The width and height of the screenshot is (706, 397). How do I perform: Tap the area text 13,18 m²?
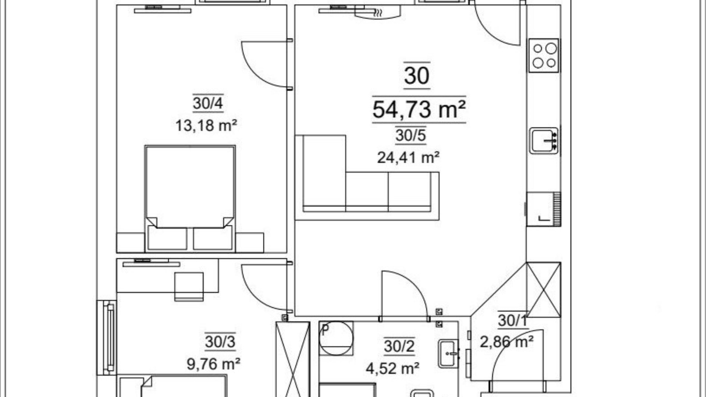point(206,125)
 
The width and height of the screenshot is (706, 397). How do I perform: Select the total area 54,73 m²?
point(419,109)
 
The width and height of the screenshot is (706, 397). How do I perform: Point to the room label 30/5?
point(411,135)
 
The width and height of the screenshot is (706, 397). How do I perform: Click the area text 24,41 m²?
point(408,157)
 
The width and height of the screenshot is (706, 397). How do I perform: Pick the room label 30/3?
point(220,342)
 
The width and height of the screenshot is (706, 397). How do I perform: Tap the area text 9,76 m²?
point(213,364)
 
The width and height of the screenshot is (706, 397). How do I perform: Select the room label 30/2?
point(399,346)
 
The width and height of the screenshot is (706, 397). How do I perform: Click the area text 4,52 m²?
point(392,368)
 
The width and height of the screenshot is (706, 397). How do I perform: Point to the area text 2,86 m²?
point(506,342)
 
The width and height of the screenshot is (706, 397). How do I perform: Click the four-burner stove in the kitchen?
point(544,55)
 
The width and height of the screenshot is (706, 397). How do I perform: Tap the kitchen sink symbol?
point(544,140)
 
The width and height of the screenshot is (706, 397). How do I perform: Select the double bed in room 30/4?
point(190,198)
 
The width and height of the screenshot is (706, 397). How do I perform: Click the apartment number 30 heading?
point(417,75)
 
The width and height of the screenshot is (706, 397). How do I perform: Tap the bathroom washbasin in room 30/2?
point(449,354)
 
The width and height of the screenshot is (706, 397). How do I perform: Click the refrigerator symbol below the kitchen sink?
point(543,209)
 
